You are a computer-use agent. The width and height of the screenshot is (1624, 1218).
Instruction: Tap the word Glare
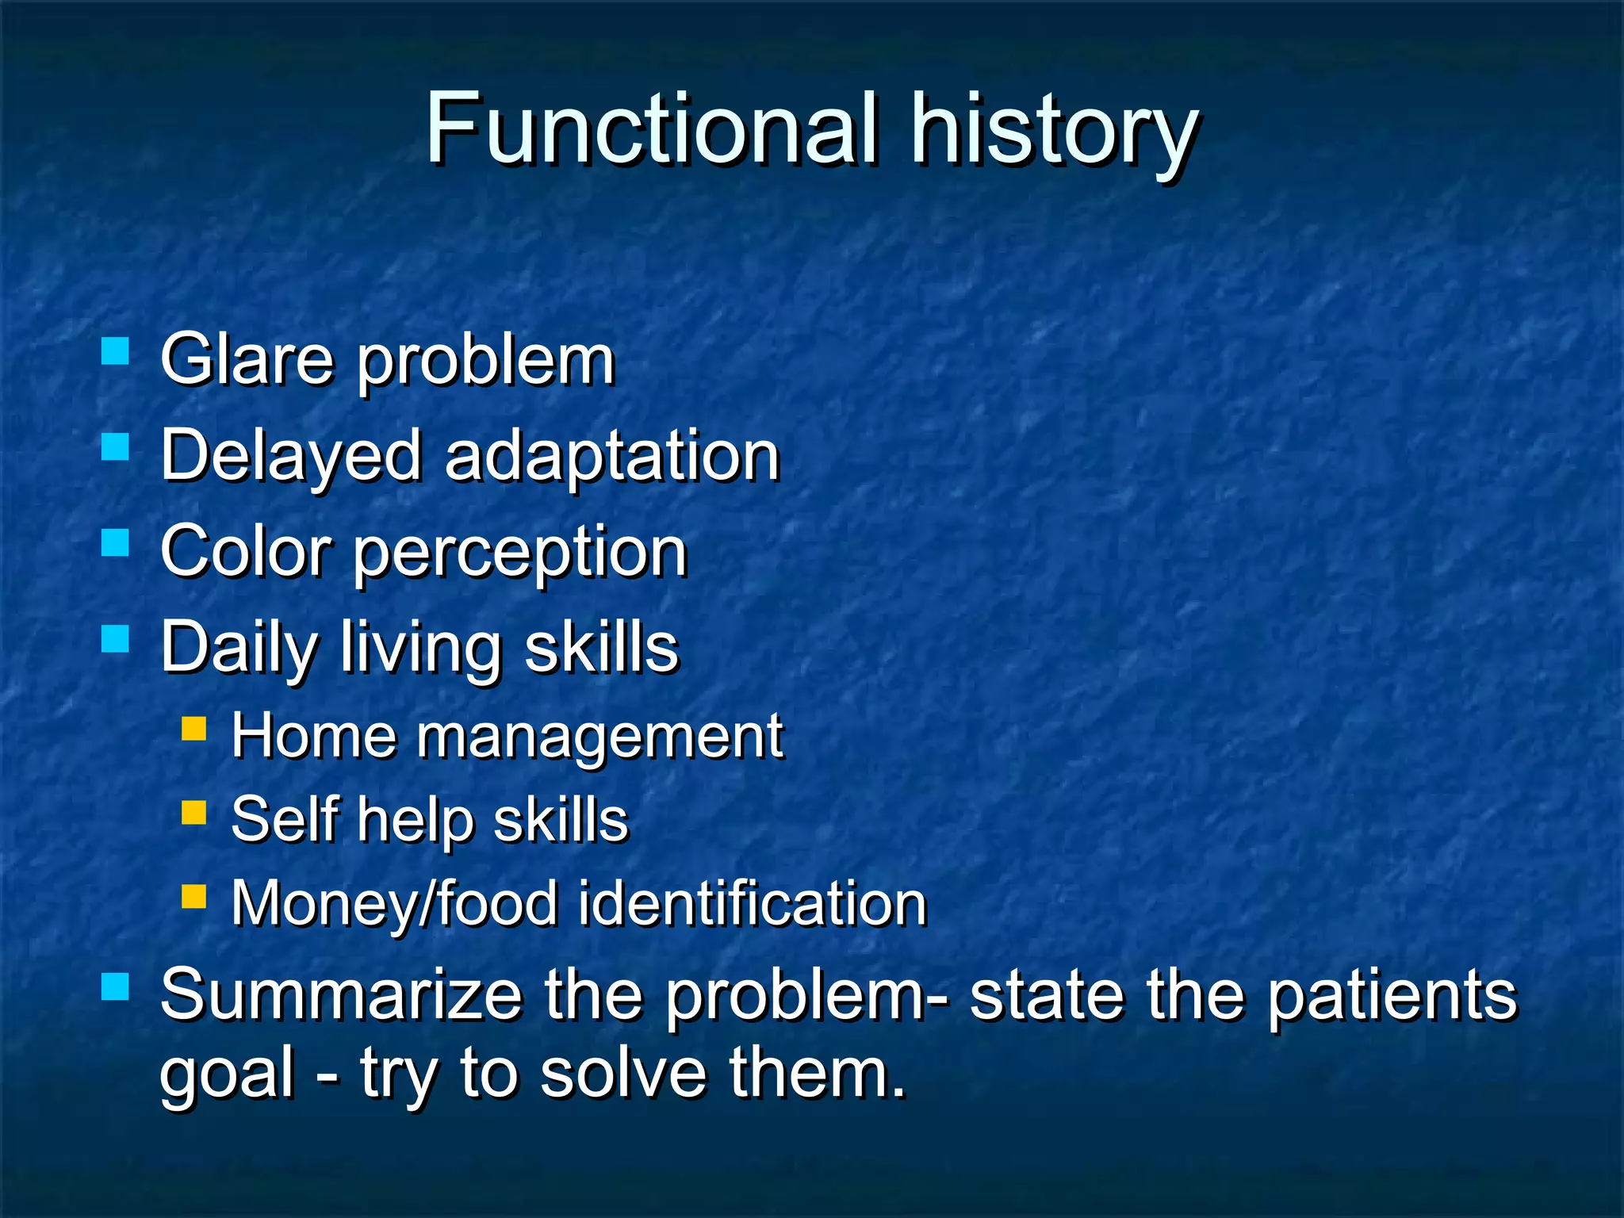tap(247, 360)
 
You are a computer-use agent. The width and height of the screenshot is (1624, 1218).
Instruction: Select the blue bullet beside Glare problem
tap(116, 350)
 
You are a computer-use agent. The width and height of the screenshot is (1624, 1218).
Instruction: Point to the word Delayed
tap(290, 457)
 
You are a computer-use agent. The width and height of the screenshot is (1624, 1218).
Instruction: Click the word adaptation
tap(612, 458)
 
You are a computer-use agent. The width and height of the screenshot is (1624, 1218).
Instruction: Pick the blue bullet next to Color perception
tap(116, 543)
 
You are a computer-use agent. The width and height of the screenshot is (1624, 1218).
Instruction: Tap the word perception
tap(519, 554)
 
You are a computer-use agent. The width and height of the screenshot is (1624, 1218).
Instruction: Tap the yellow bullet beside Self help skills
tap(193, 812)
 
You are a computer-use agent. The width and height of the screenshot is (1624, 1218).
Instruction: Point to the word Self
tap(285, 820)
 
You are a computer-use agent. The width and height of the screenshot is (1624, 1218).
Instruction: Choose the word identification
tap(752, 903)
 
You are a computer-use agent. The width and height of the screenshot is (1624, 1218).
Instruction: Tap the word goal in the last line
tap(227, 1075)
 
